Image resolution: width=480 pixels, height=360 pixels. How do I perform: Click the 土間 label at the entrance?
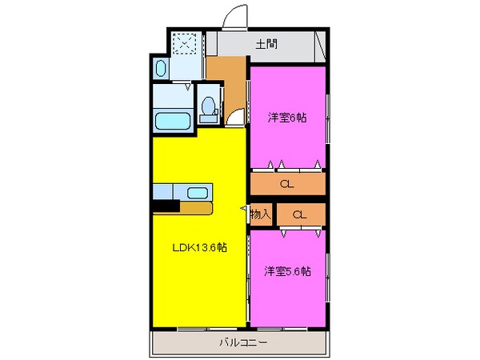[x=266, y=44]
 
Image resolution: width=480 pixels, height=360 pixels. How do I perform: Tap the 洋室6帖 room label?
[x=287, y=117]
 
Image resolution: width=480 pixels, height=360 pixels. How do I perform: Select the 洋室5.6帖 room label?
[x=287, y=271]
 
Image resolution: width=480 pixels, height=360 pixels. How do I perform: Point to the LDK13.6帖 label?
[x=200, y=248]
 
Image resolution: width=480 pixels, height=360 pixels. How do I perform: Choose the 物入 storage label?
[x=261, y=214]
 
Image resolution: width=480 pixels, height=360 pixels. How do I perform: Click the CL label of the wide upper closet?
[x=286, y=185]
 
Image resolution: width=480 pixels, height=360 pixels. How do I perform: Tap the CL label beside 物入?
[x=299, y=214]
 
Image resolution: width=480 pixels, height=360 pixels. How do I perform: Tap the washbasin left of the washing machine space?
[x=159, y=70]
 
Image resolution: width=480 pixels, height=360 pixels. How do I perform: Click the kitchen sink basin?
[x=195, y=192]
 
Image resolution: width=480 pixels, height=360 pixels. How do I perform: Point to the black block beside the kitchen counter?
[x=166, y=207]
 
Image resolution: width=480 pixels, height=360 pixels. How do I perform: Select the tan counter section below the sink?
[x=195, y=208]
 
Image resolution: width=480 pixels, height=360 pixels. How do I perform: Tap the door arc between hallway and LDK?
[x=234, y=121]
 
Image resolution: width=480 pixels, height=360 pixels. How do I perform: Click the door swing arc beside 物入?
[x=246, y=209]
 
